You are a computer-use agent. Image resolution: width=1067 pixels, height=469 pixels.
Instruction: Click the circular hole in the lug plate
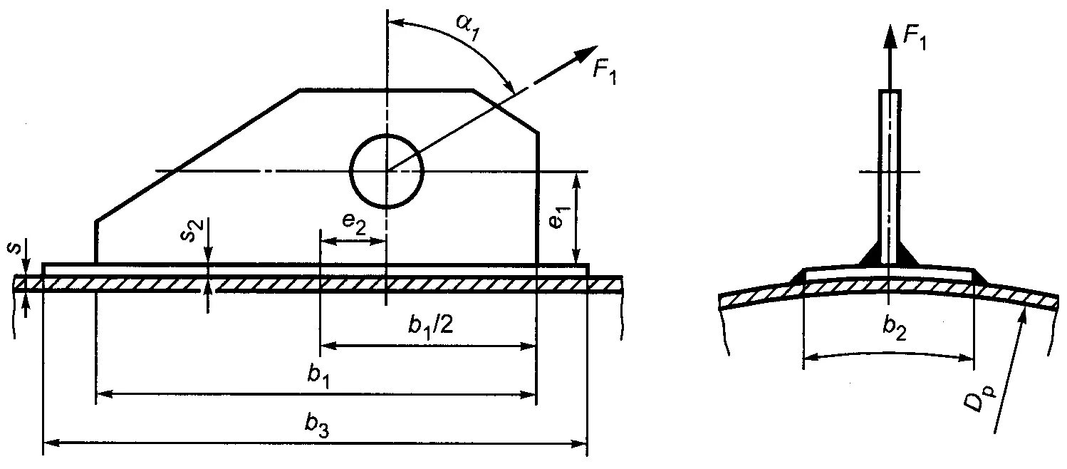coord(387,171)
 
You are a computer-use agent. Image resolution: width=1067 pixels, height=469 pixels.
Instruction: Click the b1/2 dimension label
coord(431,326)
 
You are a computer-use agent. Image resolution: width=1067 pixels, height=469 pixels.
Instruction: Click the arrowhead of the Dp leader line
coord(1024,318)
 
